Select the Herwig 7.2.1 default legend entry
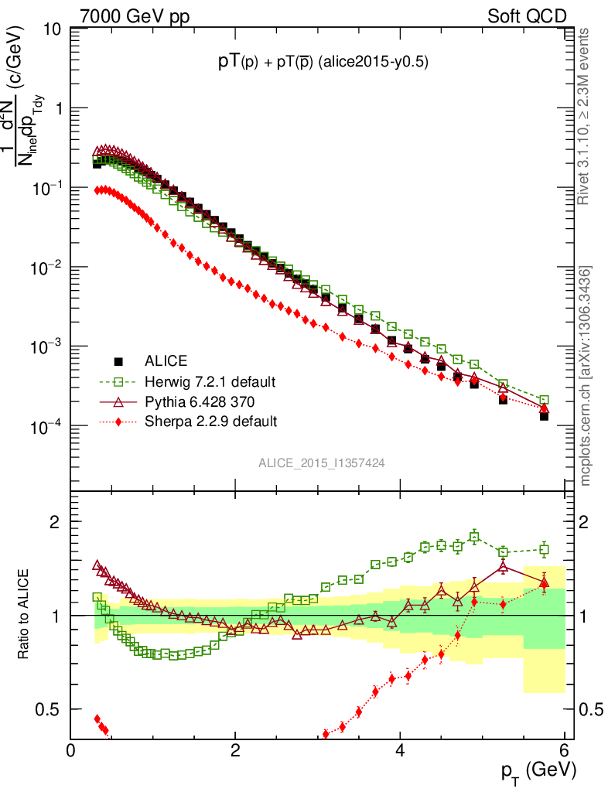coord(209,382)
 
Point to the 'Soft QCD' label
coord(527,16)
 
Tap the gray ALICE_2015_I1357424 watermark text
coord(322,463)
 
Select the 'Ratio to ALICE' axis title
coord(26,615)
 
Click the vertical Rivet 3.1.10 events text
coord(584,116)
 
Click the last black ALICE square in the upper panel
coord(544,416)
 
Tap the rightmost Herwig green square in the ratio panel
coord(544,550)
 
